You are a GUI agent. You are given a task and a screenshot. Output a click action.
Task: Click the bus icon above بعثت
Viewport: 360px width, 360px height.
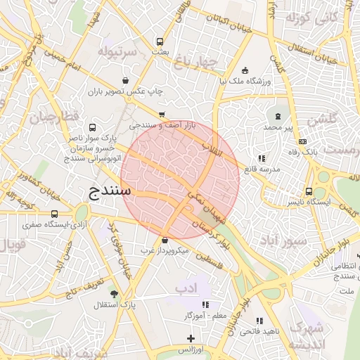tap(161, 41)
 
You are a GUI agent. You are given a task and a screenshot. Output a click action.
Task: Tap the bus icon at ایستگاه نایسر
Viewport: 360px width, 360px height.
tap(309, 191)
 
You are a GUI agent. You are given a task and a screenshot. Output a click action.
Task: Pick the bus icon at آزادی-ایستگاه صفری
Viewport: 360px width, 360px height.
tap(55, 214)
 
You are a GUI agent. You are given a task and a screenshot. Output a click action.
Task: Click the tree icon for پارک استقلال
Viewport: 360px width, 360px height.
tap(114, 294)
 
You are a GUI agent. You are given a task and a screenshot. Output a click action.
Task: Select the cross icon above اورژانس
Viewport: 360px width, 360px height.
tap(191, 338)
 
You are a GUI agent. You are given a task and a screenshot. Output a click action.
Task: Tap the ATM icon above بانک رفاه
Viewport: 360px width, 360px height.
tap(302, 141)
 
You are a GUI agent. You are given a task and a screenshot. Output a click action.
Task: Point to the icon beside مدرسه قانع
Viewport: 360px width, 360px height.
tap(262, 159)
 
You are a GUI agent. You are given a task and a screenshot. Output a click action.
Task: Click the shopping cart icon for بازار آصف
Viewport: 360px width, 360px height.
tap(162, 114)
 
